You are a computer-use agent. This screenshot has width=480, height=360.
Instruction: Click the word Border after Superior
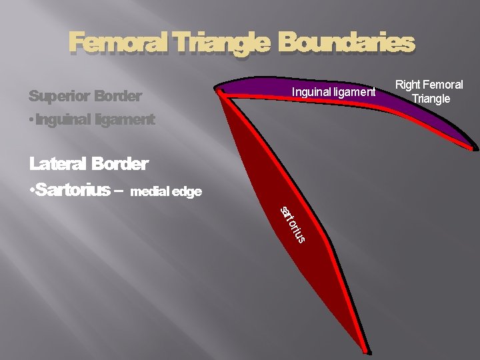pyautogui.click(x=118, y=97)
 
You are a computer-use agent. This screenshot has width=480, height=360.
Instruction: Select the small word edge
pyautogui.click(x=187, y=192)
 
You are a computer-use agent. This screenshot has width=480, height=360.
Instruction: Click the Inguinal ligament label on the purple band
pyautogui.click(x=334, y=92)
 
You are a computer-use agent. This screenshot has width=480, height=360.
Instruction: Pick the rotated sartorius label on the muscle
pyautogui.click(x=293, y=225)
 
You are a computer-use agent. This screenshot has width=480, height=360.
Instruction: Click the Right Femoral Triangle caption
pyautogui.click(x=430, y=92)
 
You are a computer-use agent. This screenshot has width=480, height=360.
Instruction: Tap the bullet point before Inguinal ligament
pyautogui.click(x=32, y=121)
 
